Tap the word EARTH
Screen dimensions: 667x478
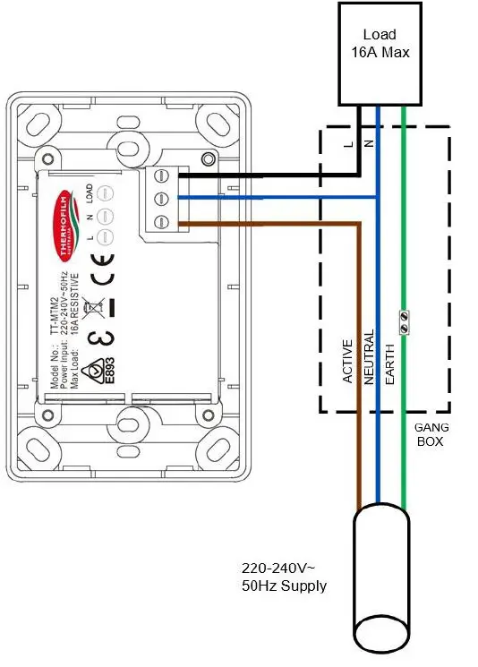point(389,363)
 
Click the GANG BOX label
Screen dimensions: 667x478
point(430,433)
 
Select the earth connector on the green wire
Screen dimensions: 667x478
point(404,321)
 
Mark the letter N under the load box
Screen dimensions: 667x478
point(368,143)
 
